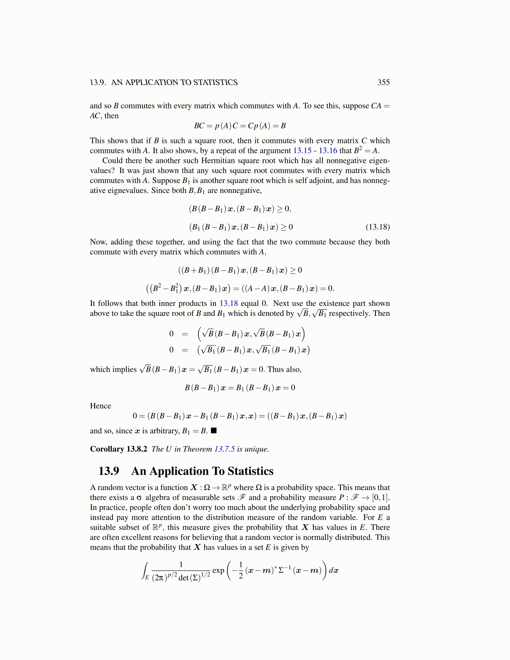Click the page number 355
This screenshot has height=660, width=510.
tap(383, 82)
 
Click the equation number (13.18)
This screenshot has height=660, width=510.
tap(377, 227)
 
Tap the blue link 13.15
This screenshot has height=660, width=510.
tap(302, 151)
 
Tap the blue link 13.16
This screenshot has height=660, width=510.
tap(327, 151)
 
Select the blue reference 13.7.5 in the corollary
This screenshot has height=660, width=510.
tap(225, 449)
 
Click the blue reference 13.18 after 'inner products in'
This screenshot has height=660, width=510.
tap(228, 304)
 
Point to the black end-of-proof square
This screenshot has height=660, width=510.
tap(214, 431)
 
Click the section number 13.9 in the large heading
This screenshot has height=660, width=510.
tap(109, 471)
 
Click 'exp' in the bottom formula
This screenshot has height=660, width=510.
tap(218, 570)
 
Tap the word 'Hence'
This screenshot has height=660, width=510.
tap(100, 406)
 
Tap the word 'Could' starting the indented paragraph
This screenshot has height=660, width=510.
tap(112, 161)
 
